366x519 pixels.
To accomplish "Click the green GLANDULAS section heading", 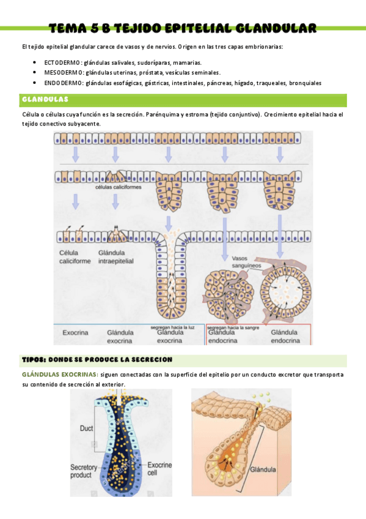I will [45, 99].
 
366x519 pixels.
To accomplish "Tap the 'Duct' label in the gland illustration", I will [87, 429].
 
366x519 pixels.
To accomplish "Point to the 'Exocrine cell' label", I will [160, 468].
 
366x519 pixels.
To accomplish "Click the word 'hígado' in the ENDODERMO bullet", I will [244, 83].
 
